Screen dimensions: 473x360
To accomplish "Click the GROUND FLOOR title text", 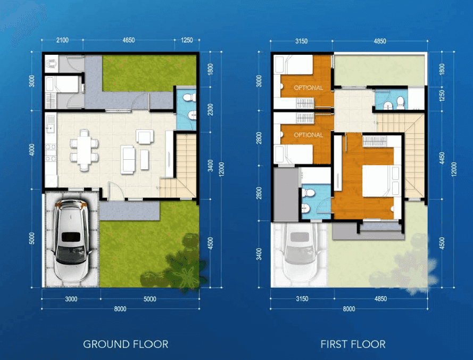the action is click(x=126, y=345).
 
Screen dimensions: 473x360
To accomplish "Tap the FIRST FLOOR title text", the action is click(x=353, y=345).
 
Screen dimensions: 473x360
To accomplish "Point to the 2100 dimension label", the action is click(x=62, y=40).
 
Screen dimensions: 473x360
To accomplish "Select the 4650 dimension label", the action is click(x=129, y=40).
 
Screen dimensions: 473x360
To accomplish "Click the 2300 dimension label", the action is click(x=211, y=110).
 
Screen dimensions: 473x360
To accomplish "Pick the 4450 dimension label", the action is click(x=442, y=159).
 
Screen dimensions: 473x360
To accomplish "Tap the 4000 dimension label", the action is click(x=32, y=150).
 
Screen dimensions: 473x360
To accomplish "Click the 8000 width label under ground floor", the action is click(x=120, y=309).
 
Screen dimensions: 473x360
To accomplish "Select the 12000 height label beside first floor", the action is click(x=454, y=169).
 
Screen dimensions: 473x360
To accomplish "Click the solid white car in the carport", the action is click(x=71, y=240).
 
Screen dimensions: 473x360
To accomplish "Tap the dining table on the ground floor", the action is click(x=84, y=150).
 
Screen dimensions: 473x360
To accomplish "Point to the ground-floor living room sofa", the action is click(x=128, y=160).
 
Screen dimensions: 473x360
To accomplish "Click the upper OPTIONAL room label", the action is click(x=308, y=88).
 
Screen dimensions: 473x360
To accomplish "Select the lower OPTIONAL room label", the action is click(x=308, y=135).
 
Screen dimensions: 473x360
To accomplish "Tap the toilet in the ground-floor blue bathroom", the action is click(x=189, y=97).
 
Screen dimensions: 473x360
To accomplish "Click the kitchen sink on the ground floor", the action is click(x=50, y=125).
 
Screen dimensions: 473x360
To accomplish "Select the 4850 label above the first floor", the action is click(x=380, y=41).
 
